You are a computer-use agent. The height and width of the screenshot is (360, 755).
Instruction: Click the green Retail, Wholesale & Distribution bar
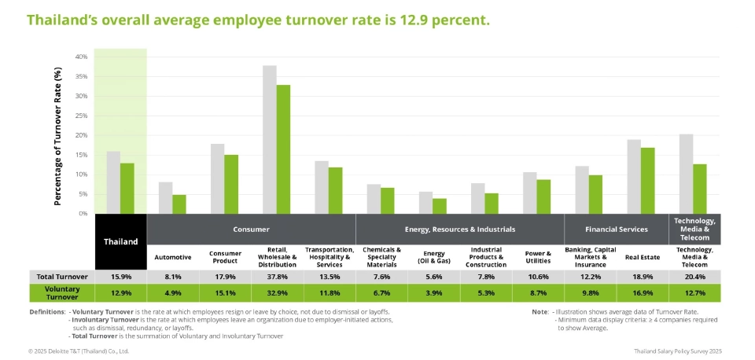coord(283,149)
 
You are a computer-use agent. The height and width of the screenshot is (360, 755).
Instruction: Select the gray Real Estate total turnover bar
coord(634,177)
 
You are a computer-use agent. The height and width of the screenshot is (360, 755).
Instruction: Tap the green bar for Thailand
coord(127,189)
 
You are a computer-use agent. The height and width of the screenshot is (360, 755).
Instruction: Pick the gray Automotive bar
coord(165,198)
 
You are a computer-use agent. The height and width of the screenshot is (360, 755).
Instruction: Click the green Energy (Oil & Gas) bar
coord(440,206)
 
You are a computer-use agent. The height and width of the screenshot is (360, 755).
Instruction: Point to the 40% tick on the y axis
coord(81,57)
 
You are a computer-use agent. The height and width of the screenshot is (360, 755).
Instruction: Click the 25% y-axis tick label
coord(81,116)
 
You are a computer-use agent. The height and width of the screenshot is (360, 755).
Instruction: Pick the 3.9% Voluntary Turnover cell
coord(433,293)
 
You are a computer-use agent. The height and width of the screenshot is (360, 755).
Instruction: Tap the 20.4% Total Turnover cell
coord(694,277)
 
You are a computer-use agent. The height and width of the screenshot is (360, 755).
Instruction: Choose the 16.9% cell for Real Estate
coord(642,293)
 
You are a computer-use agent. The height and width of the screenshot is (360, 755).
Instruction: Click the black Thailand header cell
coord(120,241)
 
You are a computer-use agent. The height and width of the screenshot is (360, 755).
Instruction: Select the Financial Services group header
coord(616,230)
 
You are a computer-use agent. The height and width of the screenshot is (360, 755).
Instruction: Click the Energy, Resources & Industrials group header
coord(459,230)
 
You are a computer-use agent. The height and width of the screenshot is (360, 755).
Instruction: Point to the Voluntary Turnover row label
coord(61,293)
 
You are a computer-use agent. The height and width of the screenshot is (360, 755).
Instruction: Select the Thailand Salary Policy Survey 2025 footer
coord(677,351)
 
